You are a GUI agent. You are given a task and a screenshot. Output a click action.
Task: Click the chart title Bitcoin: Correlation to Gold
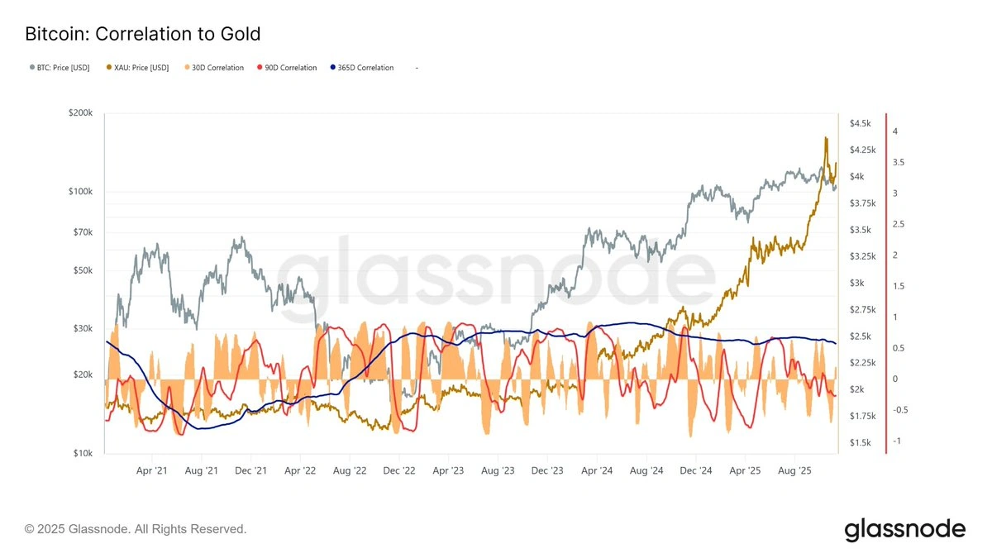[142, 34]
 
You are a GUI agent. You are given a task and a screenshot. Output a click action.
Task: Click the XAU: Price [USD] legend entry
[138, 68]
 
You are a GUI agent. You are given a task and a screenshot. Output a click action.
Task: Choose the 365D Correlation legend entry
[361, 68]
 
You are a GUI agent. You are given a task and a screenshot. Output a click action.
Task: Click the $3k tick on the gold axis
[856, 283]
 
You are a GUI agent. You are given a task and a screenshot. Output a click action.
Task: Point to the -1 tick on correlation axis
[896, 441]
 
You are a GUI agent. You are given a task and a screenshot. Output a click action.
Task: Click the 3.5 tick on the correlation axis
[898, 163]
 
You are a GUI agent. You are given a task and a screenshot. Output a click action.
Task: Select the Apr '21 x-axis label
[151, 470]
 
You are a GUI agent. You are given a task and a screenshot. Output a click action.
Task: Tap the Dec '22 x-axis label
[398, 470]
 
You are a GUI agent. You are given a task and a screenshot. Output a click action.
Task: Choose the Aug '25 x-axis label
[794, 470]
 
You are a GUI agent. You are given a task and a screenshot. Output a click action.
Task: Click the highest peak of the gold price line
[825, 138]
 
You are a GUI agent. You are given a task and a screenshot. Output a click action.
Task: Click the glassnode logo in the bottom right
[904, 529]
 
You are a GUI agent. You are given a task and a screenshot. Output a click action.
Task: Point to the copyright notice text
[136, 529]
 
